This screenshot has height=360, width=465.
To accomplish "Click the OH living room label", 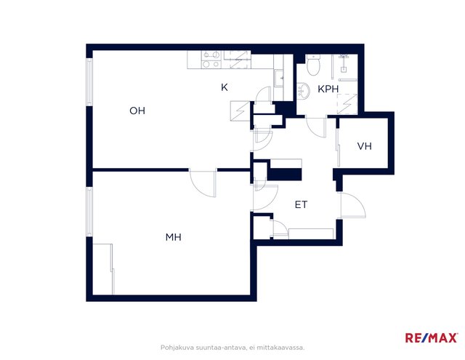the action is pyautogui.click(x=137, y=111).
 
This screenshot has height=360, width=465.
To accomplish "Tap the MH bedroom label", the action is pyautogui.click(x=174, y=237).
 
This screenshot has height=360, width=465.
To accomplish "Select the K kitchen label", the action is pyautogui.click(x=225, y=87).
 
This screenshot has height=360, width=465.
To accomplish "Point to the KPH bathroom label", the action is pyautogui.click(x=328, y=89).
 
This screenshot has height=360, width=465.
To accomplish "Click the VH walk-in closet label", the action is pyautogui.click(x=365, y=146).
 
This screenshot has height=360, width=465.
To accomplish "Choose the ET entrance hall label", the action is pyautogui.click(x=301, y=204).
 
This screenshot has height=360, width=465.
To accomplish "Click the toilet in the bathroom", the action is pyautogui.click(x=313, y=65).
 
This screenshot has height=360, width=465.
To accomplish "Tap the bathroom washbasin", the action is pyautogui.click(x=303, y=90).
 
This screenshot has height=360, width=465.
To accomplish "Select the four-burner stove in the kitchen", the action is pyautogui.click(x=211, y=60).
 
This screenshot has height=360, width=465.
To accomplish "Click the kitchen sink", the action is pyautogui.click(x=279, y=78).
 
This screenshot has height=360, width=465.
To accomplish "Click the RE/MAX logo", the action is pyautogui.click(x=431, y=337).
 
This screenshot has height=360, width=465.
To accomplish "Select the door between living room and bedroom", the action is pyautogui.click(x=203, y=183).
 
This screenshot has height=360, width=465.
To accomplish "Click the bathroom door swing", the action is pyautogui.click(x=316, y=127).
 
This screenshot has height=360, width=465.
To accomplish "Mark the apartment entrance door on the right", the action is pyautogui.click(x=353, y=205).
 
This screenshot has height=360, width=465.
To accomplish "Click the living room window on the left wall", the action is pyautogui.click(x=89, y=81).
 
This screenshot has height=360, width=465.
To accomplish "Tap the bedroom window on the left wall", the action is pyautogui.click(x=89, y=212).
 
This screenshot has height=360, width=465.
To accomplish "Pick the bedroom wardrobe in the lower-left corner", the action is pyautogui.click(x=103, y=269).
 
